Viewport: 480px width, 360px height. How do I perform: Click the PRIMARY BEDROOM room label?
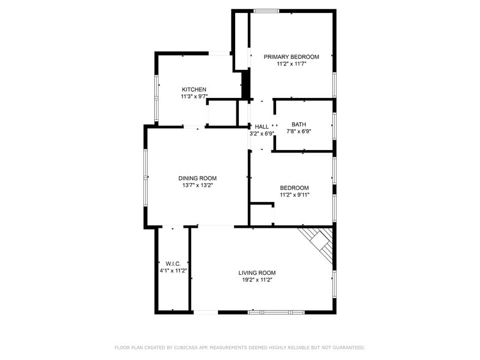point(291,57)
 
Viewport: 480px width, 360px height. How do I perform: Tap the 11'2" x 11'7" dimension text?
point(291,64)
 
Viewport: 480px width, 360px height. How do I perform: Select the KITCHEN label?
point(193,90)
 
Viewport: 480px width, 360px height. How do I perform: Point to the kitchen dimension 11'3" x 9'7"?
point(193,97)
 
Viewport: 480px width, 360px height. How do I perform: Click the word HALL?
point(261,127)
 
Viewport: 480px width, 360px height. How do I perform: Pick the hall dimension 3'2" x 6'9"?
point(261,133)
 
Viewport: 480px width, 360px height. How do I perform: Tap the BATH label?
point(299,124)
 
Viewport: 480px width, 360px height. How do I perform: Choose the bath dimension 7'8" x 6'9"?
point(299,131)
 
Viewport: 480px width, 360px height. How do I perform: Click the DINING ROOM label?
point(197,178)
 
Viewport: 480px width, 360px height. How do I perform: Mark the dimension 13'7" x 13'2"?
point(197,185)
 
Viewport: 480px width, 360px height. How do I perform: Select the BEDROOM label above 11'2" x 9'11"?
point(294,188)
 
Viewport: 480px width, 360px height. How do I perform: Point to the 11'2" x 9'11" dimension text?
point(294,195)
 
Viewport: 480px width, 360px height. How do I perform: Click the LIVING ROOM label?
point(257,273)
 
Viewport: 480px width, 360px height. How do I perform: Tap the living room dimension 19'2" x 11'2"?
point(257,280)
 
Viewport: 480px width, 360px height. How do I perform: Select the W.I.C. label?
point(173,264)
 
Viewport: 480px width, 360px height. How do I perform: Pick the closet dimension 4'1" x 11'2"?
point(173,271)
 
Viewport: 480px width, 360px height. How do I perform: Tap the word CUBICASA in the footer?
point(189,348)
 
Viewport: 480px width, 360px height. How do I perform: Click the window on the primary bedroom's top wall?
point(266,10)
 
